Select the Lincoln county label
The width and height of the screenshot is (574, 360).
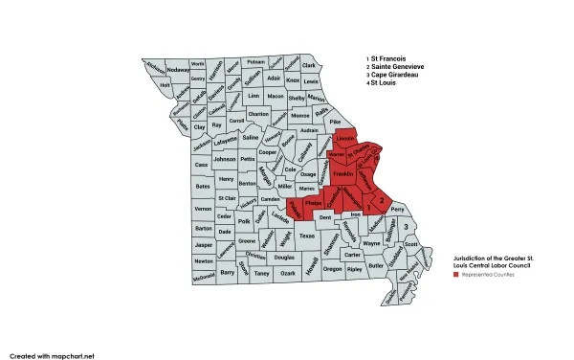pyautogui.click(x=346, y=141)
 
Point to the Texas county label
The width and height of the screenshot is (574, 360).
pyautogui.click(x=306, y=236)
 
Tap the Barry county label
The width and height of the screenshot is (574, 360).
pyautogui.click(x=228, y=272)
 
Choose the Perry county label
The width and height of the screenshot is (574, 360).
pyautogui.click(x=398, y=208)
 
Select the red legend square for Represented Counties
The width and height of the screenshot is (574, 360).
pyautogui.click(x=456, y=275)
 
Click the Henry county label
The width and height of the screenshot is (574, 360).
pyautogui.click(x=226, y=179)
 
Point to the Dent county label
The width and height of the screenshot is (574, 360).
pyautogui.click(x=325, y=219)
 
